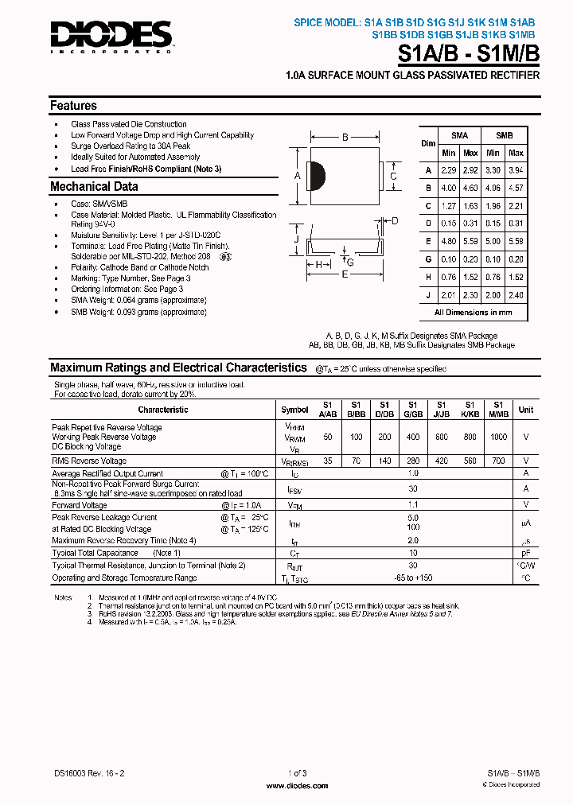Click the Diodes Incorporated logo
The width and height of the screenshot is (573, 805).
point(111,35)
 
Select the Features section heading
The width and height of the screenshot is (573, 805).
point(73,106)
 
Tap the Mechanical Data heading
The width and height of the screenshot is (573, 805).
point(94,187)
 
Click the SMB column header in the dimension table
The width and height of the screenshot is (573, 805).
point(505,136)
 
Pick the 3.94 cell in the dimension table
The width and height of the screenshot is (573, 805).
point(516,170)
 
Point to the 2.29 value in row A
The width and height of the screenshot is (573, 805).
point(449,170)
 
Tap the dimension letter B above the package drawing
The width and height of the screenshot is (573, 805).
point(345,138)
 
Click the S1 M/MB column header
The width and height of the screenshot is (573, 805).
point(497,409)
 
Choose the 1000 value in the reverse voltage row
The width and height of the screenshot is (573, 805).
point(497,437)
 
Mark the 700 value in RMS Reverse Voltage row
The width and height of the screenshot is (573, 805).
point(497,461)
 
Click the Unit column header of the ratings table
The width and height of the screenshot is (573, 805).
point(526,410)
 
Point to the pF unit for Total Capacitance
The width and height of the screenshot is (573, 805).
point(525,553)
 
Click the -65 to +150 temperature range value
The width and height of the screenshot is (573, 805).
point(412,577)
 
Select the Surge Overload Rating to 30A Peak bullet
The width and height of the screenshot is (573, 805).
point(131,146)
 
